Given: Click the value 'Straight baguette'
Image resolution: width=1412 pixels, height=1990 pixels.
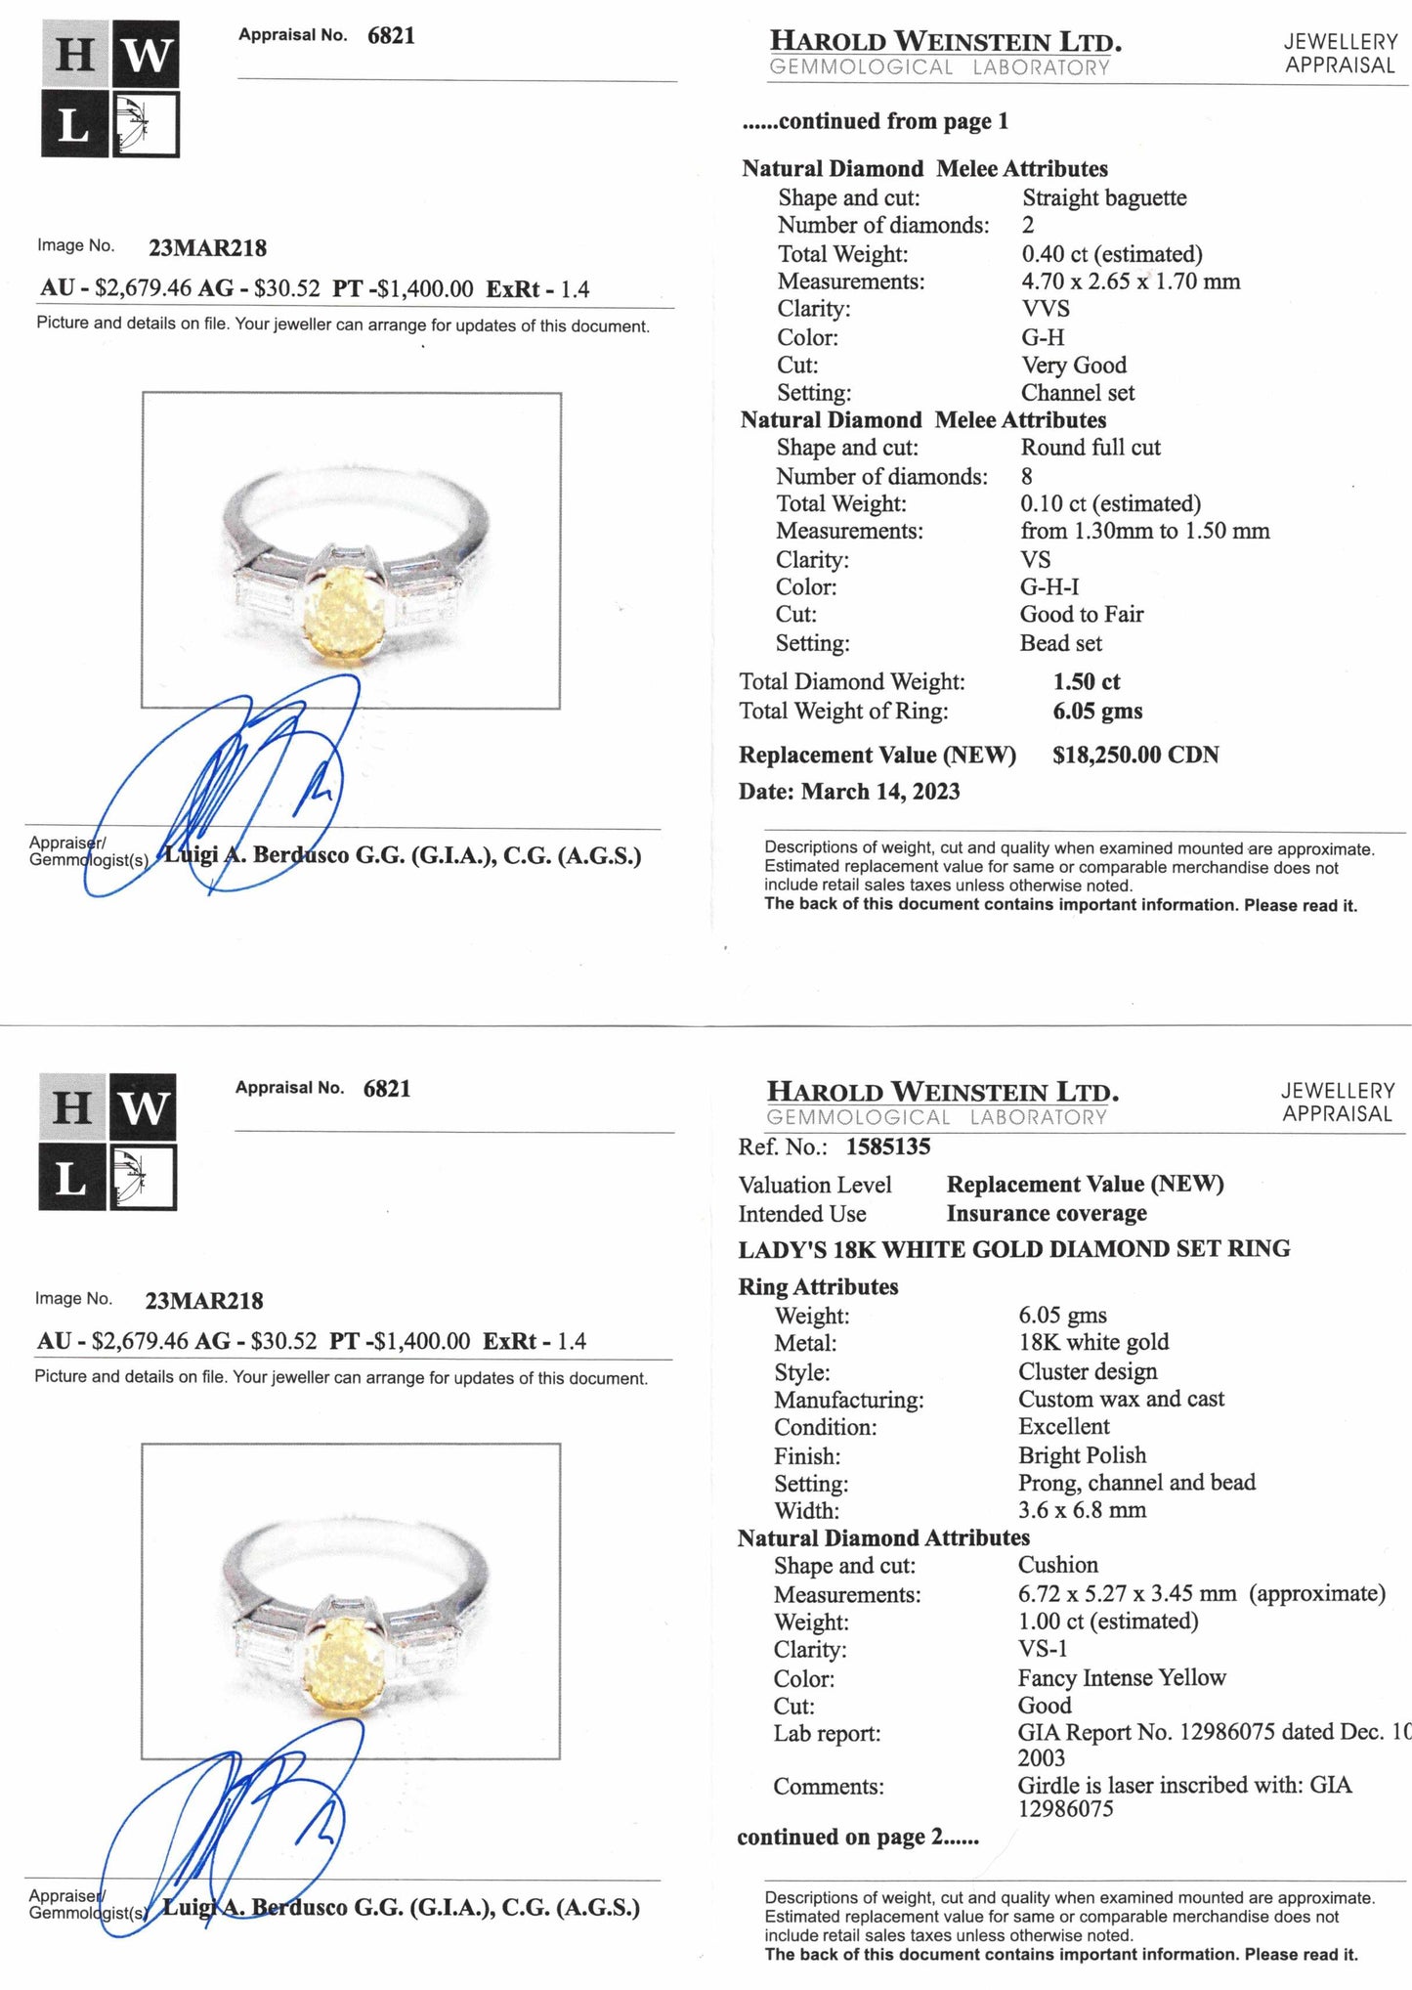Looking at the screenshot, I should tap(1103, 198).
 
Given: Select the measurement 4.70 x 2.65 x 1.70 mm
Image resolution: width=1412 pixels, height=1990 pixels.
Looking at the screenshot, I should tap(1131, 282).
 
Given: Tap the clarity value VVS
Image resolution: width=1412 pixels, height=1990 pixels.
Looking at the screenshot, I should tap(1046, 309).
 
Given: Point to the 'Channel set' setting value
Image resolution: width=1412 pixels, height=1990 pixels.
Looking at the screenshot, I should tap(1077, 393).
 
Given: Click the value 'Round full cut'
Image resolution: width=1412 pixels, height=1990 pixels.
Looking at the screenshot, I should tap(1090, 448).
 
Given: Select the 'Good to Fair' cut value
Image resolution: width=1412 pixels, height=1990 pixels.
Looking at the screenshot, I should tap(1081, 615).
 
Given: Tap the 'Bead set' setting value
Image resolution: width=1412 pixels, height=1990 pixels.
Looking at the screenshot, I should tap(1060, 643).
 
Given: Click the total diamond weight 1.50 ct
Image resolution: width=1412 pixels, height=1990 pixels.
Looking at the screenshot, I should tap(1086, 682).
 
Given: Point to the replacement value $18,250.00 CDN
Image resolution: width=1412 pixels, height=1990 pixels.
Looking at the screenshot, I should tap(1134, 756).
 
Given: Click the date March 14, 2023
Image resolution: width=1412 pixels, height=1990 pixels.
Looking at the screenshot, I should tap(879, 792).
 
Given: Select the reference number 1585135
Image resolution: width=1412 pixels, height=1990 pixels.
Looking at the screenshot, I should tap(887, 1146).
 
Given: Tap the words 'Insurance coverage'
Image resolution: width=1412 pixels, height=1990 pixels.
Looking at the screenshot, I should tap(1046, 1214).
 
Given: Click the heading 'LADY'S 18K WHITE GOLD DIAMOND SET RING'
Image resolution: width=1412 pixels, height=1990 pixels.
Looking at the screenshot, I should tap(1013, 1249).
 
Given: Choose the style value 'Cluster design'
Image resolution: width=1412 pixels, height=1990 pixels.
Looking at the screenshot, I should tap(1087, 1372).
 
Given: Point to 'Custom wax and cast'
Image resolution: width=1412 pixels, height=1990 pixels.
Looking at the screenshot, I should tap(1120, 1400).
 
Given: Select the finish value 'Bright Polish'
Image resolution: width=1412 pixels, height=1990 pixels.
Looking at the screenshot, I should tap(1082, 1455).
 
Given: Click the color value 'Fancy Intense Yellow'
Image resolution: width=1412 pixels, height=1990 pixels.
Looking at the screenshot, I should tap(1121, 1678).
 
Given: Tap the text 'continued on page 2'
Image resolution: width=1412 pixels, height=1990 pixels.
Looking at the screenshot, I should tap(857, 1838).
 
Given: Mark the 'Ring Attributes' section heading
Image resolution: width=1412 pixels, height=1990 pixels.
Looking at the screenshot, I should tap(817, 1287).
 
